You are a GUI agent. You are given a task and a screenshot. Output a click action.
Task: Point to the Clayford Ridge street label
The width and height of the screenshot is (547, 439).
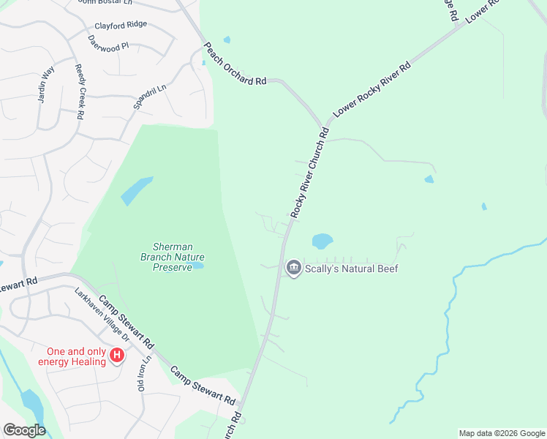(121, 25)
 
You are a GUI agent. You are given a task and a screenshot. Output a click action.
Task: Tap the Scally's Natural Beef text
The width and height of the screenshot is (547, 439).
(351, 269)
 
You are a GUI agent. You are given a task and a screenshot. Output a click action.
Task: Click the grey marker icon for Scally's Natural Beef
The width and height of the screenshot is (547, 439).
(293, 269)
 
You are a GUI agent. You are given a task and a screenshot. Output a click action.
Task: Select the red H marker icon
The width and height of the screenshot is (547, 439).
(116, 356)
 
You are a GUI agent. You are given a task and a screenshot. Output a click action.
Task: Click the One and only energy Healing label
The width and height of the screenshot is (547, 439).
(72, 356)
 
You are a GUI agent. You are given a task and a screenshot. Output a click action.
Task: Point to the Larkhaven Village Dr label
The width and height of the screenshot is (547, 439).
(102, 315)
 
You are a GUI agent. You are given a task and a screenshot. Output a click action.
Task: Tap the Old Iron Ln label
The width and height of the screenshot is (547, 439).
(144, 374)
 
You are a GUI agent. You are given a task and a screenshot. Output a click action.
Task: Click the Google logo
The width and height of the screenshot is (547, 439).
(24, 430)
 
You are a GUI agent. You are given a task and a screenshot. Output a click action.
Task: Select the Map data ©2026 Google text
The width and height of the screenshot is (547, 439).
(501, 433)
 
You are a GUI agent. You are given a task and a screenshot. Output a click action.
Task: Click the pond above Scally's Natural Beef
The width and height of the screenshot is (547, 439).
(322, 240)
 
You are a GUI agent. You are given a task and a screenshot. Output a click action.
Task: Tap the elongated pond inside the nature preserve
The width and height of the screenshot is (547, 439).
(137, 190)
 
